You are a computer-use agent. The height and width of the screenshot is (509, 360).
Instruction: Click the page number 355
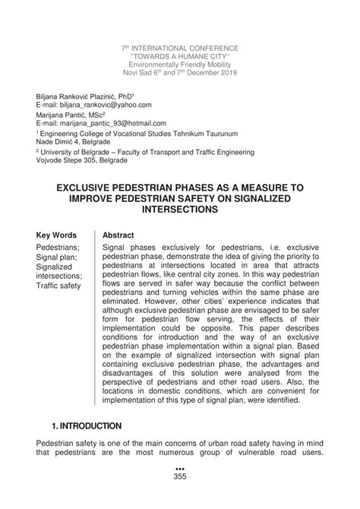pos(180,498)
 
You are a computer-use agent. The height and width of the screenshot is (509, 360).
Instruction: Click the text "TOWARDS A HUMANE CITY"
pos(180,56)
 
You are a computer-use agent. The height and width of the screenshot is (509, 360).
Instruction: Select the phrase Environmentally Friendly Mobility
pos(180,65)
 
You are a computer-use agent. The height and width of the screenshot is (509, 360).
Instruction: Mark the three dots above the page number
pos(180,489)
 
